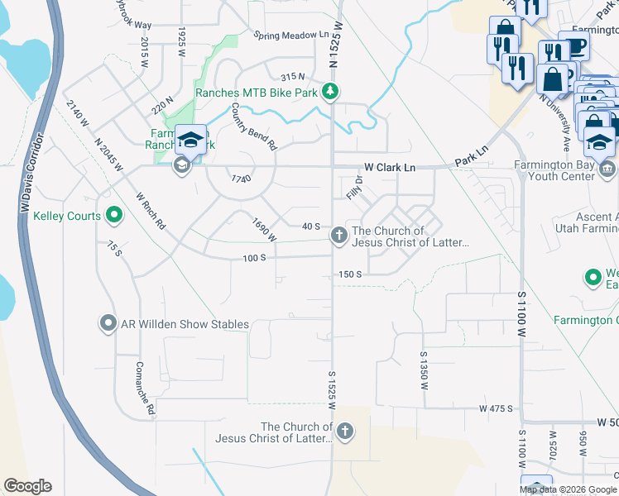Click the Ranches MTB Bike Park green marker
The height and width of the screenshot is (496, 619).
click(330, 92)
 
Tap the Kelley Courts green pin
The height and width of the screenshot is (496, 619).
click(114, 217)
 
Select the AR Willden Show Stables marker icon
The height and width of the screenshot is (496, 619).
click(108, 324)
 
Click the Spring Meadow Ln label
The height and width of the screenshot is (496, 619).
click(291, 36)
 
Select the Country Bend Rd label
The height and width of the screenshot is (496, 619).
click(253, 126)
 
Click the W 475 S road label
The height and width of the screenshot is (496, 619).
click(496, 408)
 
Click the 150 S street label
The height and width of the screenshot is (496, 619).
click(350, 274)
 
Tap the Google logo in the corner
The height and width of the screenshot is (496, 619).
click(27, 486)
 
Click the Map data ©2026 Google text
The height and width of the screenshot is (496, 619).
click(568, 489)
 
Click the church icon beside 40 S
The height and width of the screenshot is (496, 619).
click(338, 236)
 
